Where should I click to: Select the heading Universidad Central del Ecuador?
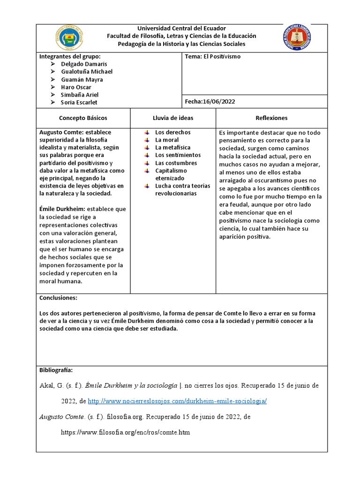181,28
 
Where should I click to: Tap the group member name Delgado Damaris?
84,64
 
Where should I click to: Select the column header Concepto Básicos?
83,118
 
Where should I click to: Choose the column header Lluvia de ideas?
172,118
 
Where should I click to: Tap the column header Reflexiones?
271,118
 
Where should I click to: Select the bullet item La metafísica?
172,147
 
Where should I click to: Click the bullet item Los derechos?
172,132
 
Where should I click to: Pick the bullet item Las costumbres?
176,163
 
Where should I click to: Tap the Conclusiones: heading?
59,298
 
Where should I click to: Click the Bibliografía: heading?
56,370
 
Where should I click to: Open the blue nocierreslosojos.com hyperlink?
177,401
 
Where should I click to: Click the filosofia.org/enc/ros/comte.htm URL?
125,432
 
